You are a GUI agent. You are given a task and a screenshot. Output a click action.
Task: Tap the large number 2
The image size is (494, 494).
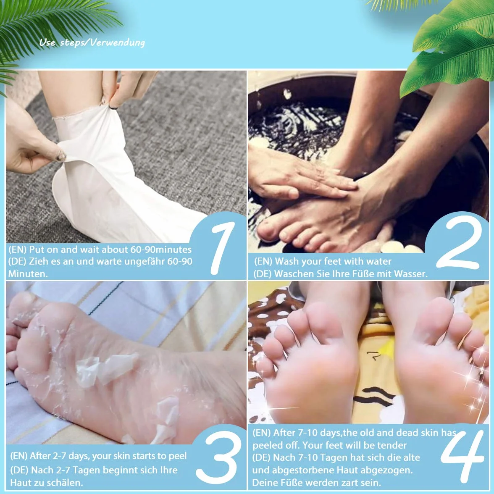coord(459,243)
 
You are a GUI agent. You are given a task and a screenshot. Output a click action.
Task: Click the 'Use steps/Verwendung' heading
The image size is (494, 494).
coord(92,42)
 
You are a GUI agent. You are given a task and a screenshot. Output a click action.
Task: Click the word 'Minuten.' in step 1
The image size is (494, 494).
coord(28,274)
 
